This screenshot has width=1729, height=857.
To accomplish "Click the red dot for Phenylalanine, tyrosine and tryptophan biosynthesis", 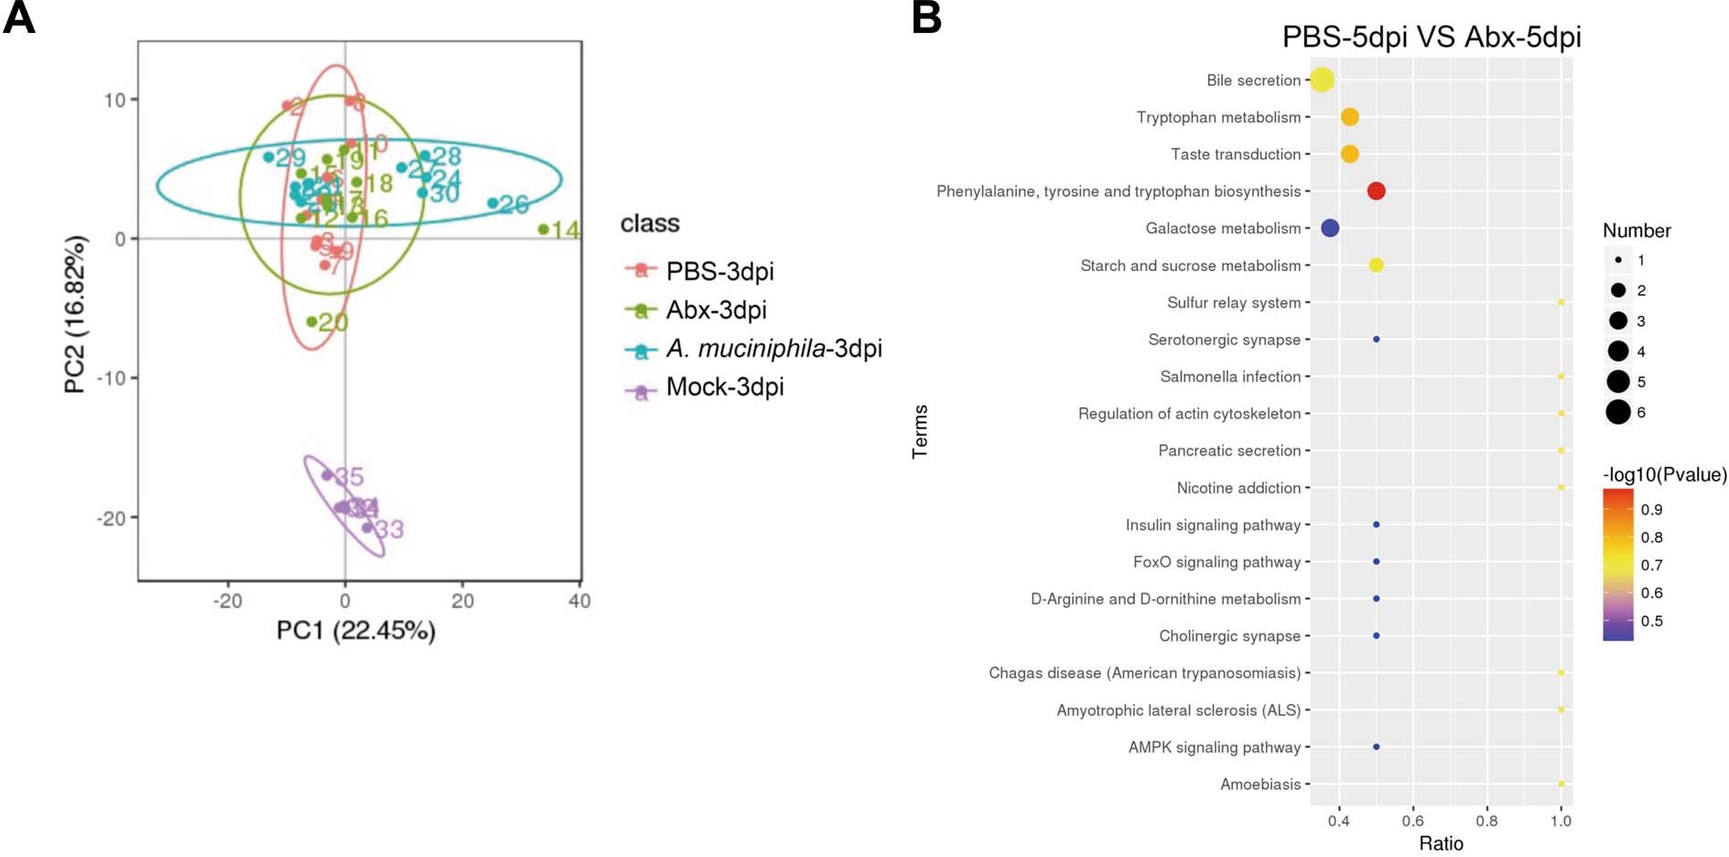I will coord(1376,190).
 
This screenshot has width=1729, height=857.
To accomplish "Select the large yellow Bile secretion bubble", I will coord(1322,80).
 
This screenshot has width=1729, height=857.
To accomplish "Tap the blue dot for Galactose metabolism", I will coord(1330,228).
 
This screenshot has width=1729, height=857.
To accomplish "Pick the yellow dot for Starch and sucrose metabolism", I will coord(1376,266).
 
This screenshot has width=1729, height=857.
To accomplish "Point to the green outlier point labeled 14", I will coord(543,229).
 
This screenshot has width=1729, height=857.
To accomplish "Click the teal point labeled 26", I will coord(492,203).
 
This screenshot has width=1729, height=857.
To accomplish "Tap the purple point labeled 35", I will coord(327,475).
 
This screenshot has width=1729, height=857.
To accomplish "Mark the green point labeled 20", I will coord(312,321).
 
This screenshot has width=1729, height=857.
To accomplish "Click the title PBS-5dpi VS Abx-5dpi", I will coord(1431,37).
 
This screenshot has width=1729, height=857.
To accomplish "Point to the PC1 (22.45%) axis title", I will coord(356,631).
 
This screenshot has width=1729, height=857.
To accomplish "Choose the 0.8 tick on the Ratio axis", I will coord(1486,820).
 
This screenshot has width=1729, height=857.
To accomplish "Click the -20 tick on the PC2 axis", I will coord(113,518).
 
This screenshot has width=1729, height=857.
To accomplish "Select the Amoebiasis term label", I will coord(1259,784).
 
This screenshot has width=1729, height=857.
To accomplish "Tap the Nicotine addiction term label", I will coord(1237,488).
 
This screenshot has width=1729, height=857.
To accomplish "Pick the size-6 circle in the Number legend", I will coord(1617,412).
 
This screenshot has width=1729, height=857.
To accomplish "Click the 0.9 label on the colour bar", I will coord(1651,510).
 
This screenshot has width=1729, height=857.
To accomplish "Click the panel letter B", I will coord(926,18).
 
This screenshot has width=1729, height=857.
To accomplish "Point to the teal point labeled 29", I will coord(268,157).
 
